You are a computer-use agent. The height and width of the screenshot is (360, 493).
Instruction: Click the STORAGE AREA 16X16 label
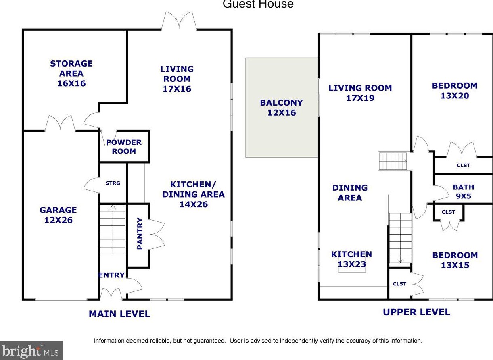click(x=71, y=73)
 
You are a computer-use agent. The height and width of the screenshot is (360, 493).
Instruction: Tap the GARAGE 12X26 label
click(x=58, y=215)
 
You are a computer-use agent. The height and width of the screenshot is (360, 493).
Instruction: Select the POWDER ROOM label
click(x=124, y=147)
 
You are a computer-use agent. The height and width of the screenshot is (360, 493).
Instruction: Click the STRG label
click(x=113, y=183)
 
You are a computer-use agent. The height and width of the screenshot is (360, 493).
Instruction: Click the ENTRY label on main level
click(x=111, y=275)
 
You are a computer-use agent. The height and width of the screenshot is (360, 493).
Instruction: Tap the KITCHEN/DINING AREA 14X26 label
click(x=193, y=194)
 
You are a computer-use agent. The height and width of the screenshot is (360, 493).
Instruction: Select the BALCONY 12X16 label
click(x=281, y=108)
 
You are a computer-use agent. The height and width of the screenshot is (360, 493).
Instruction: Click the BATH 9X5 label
click(x=463, y=192)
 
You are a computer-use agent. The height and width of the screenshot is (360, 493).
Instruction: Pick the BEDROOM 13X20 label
click(x=454, y=91)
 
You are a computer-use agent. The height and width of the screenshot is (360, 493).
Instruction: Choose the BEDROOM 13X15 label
click(x=455, y=260)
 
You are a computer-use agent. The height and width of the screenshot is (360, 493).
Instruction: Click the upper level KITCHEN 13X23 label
click(x=351, y=259)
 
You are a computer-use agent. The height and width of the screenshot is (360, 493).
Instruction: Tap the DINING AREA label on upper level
click(x=350, y=193)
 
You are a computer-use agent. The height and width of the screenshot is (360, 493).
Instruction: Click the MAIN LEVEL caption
click(x=119, y=314)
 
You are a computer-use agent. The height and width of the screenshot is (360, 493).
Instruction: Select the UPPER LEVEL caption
click(x=416, y=312)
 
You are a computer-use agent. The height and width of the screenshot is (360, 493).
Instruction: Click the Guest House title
click(x=258, y=4)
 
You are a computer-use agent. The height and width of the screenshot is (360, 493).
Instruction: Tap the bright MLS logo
click(x=31, y=350)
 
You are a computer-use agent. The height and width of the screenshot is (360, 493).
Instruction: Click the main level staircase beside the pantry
click(x=113, y=230)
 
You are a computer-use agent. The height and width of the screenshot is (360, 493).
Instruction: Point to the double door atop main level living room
click(x=179, y=21)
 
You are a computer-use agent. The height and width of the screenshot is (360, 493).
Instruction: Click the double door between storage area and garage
click(x=60, y=123)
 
